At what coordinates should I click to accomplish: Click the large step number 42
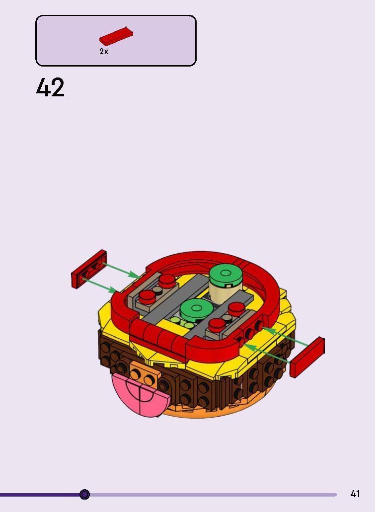[x=50, y=87]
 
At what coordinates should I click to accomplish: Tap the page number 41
[x=355, y=494]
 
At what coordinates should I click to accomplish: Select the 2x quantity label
[x=104, y=52]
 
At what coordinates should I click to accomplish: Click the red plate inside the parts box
[x=116, y=36]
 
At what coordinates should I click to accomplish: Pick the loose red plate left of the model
[x=89, y=269]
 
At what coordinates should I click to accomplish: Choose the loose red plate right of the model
[x=308, y=358]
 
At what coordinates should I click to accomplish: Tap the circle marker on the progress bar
[x=84, y=494]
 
